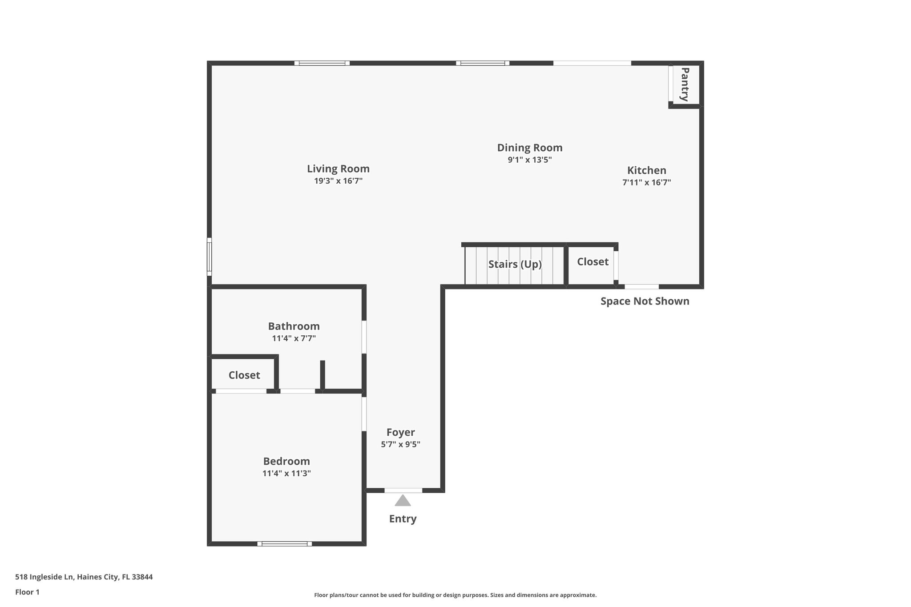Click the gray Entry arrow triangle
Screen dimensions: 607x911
coord(403,501)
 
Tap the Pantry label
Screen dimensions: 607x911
coord(685,84)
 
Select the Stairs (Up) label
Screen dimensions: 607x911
coord(515,264)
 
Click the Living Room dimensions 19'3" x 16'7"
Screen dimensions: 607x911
coord(338,181)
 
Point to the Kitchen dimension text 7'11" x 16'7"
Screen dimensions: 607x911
coord(646,182)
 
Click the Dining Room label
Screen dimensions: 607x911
coord(529,148)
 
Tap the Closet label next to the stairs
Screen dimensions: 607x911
coord(593,262)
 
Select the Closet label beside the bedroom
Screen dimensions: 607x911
coord(244,375)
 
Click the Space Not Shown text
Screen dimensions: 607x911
coord(645,301)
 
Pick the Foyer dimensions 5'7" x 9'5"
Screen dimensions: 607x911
coord(400,444)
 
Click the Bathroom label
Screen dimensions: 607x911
coord(294,326)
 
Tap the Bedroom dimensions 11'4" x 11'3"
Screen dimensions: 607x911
coord(286,474)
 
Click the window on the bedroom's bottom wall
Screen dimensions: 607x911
coord(285,543)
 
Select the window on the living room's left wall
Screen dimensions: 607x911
coord(210,257)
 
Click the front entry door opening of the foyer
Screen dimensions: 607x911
coord(403,490)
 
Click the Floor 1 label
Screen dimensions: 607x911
coord(27,592)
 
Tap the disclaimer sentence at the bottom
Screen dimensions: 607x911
coord(455,595)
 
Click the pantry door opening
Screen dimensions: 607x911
coord(670,83)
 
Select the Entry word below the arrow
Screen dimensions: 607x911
coord(403,519)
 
